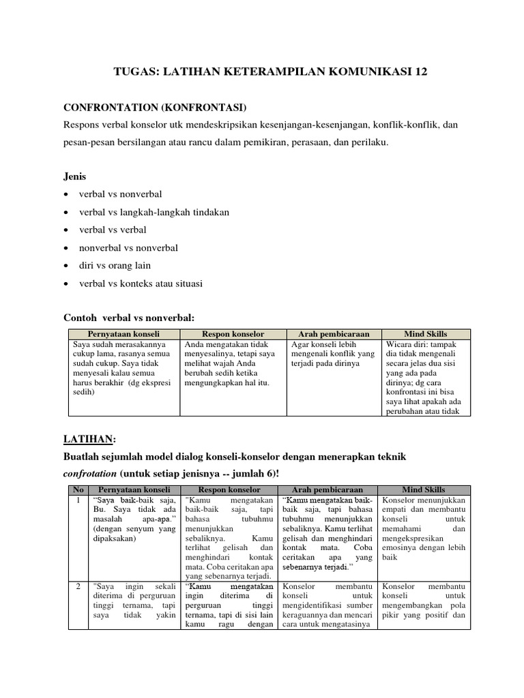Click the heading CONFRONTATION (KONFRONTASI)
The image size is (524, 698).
tap(156, 108)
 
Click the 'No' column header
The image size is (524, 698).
tap(76, 490)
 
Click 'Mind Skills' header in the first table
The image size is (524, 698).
tap(425, 334)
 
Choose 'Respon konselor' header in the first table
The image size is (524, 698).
tap(233, 334)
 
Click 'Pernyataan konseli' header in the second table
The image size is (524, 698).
tap(133, 490)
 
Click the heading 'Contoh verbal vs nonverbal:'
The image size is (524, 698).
tap(129, 318)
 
